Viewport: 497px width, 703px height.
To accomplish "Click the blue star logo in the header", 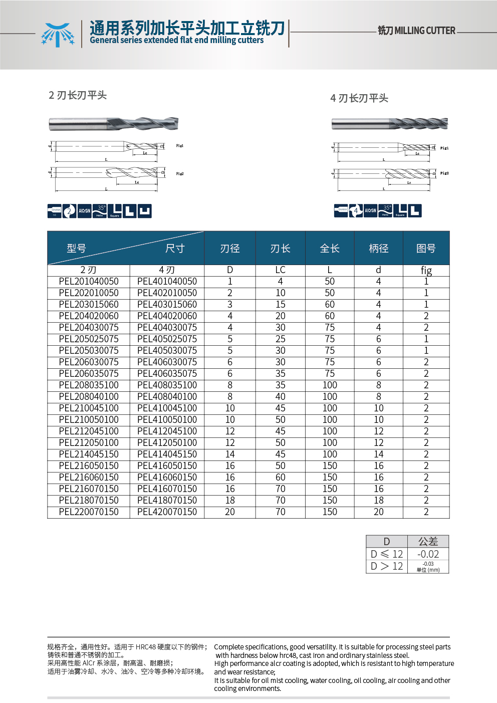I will click(58, 35).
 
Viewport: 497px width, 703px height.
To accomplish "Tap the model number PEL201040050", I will click(89, 282).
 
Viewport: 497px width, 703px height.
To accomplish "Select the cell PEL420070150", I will click(167, 512).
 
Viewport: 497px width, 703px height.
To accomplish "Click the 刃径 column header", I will click(230, 248).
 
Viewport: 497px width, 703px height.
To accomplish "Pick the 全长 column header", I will click(330, 248).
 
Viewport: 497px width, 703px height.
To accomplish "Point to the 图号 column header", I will click(426, 248).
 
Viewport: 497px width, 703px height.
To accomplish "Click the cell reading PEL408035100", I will click(167, 385).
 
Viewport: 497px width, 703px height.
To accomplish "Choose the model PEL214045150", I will click(89, 454).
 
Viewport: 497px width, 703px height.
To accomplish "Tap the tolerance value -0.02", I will click(428, 554).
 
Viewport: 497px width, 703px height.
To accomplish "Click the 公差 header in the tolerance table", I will click(428, 542).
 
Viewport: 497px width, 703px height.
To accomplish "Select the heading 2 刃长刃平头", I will click(78, 95).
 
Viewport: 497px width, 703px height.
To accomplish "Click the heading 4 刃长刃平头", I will click(359, 98).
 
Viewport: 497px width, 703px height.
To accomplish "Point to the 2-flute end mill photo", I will click(114, 124).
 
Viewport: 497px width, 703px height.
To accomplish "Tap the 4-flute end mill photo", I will click(390, 123).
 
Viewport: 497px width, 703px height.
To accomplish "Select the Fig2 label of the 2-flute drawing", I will click(180, 174).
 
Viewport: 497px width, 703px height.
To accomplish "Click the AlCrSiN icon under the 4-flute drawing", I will click(370, 211).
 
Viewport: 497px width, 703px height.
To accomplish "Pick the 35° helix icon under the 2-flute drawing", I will click(100, 211).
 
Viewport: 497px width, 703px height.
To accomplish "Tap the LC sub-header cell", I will click(280, 270).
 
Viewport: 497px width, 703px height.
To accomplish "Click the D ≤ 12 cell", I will click(387, 554).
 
